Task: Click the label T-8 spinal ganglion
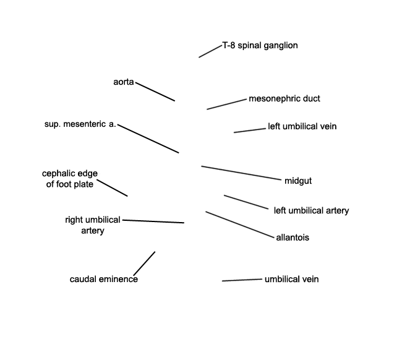tap(260, 46)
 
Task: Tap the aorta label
tap(124, 82)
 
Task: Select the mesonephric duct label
tap(284, 99)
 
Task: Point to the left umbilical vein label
tap(302, 126)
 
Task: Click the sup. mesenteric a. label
tap(80, 124)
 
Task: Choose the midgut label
tap(298, 181)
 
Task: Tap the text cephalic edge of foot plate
tap(70, 179)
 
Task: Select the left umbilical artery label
tap(311, 211)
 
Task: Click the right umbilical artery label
tap(93, 225)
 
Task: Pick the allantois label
tap(293, 238)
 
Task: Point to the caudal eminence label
tap(103, 279)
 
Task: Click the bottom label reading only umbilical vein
tap(291, 279)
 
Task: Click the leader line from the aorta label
tap(155, 92)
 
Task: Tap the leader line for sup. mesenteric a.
tap(148, 139)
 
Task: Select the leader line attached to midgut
tap(241, 173)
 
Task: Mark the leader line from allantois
tap(240, 225)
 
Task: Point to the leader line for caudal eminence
tap(144, 264)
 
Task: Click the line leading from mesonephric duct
tap(226, 105)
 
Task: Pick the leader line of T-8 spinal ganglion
tap(210, 51)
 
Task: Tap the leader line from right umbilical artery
tap(153, 221)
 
